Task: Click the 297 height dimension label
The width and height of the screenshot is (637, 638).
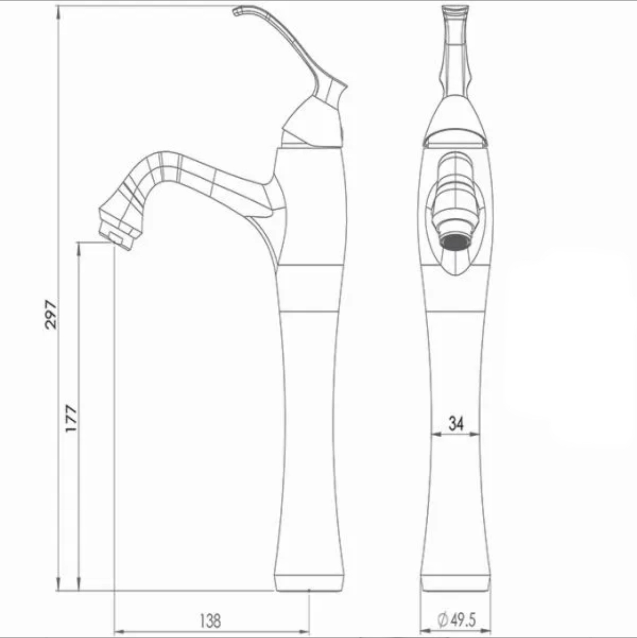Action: coord(51,314)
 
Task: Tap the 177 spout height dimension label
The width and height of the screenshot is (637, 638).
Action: coord(71,418)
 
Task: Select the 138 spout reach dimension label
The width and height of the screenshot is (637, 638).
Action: coord(210,621)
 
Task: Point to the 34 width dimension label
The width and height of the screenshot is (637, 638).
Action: coord(456,423)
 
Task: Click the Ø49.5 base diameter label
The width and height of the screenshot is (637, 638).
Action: coord(456,620)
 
